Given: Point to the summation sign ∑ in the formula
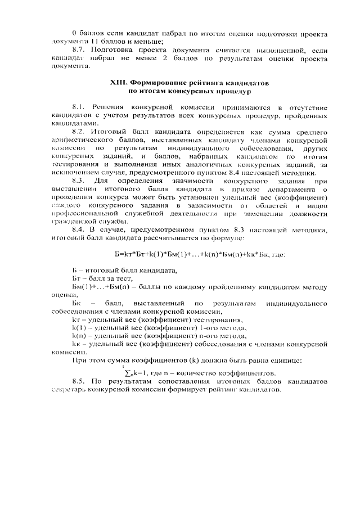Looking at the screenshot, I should click(125, 373).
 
